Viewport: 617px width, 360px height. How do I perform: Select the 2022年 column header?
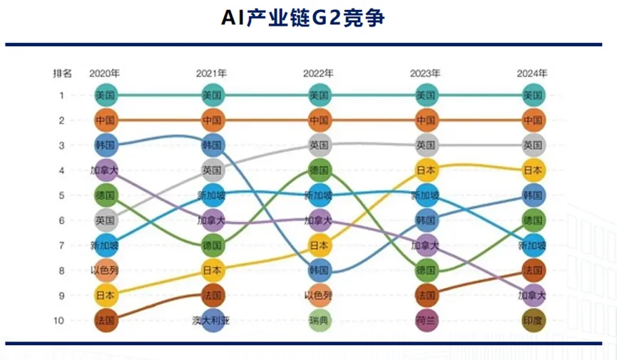(318, 73)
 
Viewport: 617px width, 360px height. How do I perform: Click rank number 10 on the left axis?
(62, 320)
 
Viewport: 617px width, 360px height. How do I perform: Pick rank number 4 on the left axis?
(62, 170)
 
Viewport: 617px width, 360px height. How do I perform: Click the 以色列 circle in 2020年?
(105, 270)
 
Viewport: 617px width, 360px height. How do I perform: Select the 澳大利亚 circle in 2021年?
(213, 320)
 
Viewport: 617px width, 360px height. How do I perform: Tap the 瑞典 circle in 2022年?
(320, 320)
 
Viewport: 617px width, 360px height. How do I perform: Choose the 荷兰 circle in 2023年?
(426, 320)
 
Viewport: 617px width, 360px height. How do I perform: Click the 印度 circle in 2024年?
(533, 320)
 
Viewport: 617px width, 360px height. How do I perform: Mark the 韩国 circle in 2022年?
(320, 270)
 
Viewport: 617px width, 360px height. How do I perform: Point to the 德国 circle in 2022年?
(320, 170)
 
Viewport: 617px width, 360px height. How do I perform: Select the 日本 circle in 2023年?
(426, 170)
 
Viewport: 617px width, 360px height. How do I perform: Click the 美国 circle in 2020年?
(105, 95)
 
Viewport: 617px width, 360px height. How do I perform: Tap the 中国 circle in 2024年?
(533, 120)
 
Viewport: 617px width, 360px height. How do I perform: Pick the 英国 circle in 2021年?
(213, 170)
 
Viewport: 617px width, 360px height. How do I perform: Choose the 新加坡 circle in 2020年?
(105, 245)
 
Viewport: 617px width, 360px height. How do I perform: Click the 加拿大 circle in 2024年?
(533, 295)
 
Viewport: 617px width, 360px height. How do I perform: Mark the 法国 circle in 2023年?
(426, 295)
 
